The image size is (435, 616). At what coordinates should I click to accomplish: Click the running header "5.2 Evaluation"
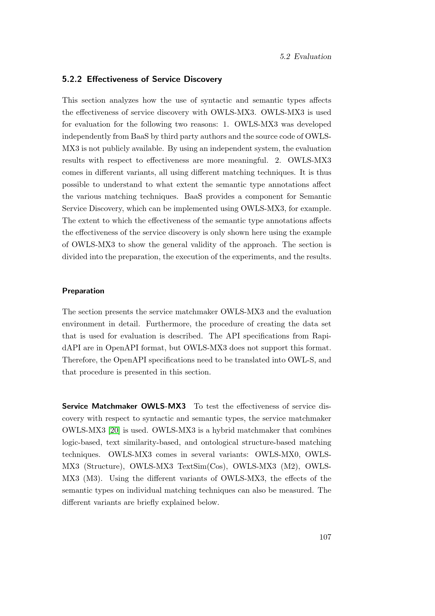click(305, 57)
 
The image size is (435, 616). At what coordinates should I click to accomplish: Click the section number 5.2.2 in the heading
click(72, 80)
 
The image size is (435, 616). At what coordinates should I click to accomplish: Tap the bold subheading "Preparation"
click(83, 291)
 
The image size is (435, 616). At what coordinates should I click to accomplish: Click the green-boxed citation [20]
click(114, 430)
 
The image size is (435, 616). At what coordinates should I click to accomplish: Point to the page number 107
click(325, 537)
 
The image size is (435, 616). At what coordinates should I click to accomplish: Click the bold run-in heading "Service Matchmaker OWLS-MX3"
click(124, 406)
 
